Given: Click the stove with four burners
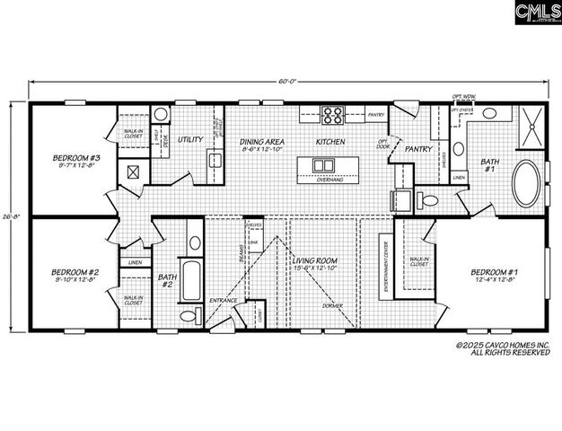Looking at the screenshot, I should tap(333, 115).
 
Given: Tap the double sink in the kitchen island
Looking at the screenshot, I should tap(322, 164).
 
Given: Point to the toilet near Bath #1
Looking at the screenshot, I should tap(427, 199).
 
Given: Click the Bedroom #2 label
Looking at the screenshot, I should tap(73, 272).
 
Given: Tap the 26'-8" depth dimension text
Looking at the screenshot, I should tap(15, 215).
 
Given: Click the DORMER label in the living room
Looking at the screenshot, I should tap(332, 308).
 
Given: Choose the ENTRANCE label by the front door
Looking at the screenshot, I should tap(224, 301).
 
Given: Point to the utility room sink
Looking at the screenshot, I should tap(215, 161).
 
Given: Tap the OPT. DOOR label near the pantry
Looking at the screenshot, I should tap(383, 145).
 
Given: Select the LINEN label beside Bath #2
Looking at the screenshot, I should tap(134, 263).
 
